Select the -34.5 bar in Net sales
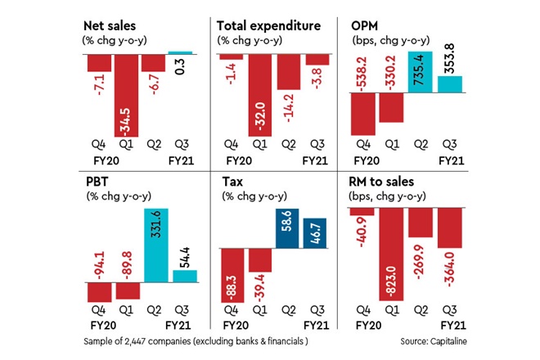click(x=126, y=94)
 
